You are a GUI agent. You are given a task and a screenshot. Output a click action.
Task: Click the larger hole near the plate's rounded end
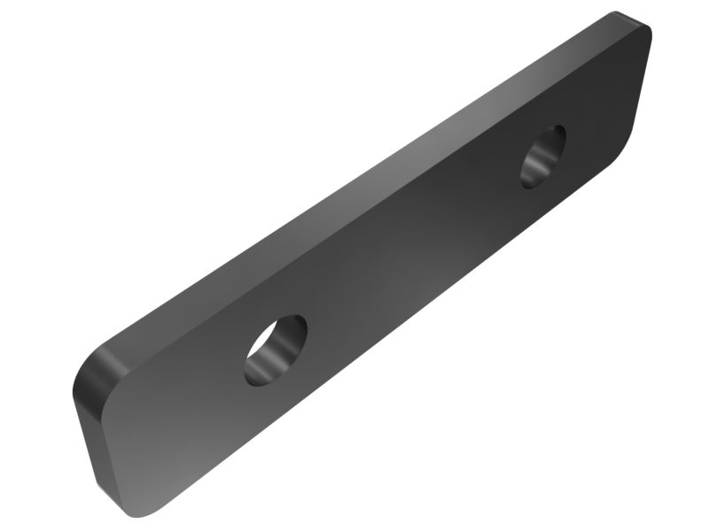[276, 350]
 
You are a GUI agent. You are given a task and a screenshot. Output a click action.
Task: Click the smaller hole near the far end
[543, 157]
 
